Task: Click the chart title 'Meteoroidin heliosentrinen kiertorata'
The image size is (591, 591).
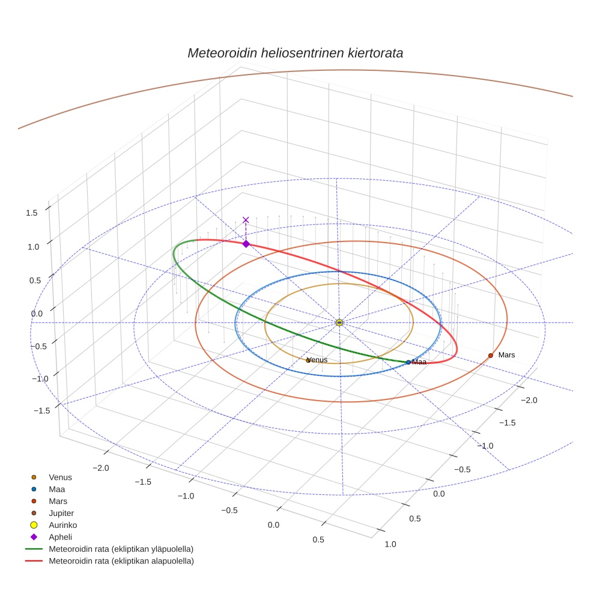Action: pos(295,53)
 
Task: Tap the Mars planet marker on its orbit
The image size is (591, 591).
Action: pos(490,356)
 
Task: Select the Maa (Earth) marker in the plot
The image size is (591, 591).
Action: pos(408,362)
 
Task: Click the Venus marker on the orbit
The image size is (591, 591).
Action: pos(308,360)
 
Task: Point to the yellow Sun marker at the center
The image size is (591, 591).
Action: pos(339,323)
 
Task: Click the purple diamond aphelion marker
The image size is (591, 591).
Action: pos(246,244)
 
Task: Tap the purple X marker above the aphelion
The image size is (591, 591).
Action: pos(246,220)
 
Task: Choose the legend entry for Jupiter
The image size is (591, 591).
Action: pos(61,513)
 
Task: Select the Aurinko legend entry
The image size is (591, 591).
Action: pos(62,525)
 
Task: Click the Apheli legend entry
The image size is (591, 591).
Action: pos(61,537)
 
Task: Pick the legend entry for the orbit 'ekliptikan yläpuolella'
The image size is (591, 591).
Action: pos(120,549)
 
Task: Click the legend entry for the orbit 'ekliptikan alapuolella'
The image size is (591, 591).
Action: pos(121,561)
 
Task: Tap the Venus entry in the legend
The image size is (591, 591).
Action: pos(60,477)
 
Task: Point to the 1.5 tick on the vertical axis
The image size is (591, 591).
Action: pos(32,212)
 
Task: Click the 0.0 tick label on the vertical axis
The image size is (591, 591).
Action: pos(38,314)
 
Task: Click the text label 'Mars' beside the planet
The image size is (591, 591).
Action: pos(506,355)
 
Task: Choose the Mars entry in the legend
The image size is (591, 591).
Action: pos(58,501)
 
